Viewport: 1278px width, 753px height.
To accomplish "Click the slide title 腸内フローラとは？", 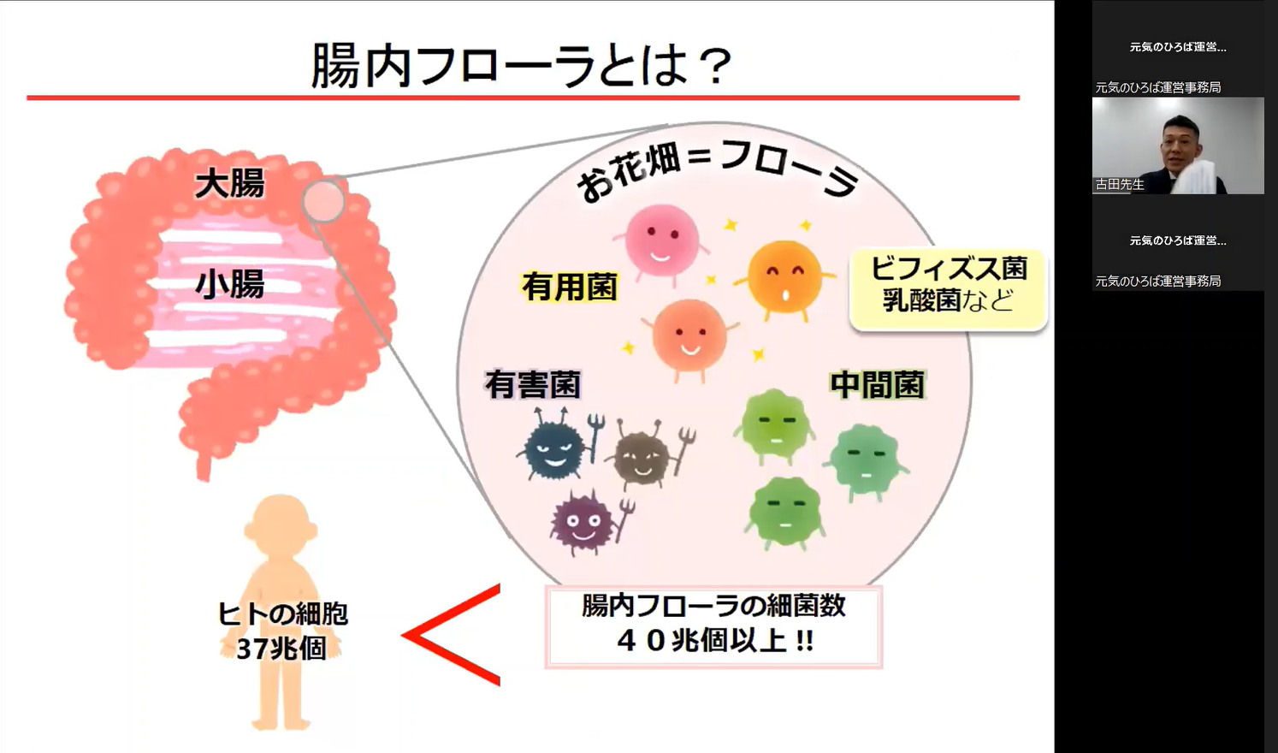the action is click(x=522, y=65).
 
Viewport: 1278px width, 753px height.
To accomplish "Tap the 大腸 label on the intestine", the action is click(x=229, y=183).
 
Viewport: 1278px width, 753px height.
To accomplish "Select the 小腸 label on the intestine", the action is click(x=229, y=284).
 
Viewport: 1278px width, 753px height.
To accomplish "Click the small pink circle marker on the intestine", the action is click(x=322, y=202).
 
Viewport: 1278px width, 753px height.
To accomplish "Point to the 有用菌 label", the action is click(x=570, y=287).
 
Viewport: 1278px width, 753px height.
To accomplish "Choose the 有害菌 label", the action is click(x=532, y=384).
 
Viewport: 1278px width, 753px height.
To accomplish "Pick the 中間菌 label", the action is click(x=878, y=385).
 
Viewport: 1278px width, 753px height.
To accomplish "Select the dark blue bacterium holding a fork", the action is click(x=554, y=447).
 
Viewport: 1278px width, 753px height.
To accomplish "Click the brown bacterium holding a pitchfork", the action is click(x=643, y=457).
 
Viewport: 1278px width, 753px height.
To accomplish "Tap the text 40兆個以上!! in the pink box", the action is click(x=714, y=640).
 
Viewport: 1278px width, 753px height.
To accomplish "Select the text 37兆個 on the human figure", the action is click(x=281, y=649).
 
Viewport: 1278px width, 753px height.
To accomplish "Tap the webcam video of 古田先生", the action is click(x=1178, y=145).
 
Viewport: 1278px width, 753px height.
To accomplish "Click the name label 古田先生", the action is click(x=1120, y=184).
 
